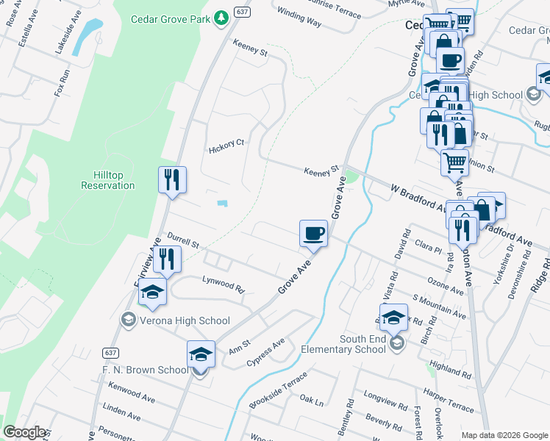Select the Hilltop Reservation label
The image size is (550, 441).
tap(108, 180)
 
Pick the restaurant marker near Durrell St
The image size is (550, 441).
tap(167, 259)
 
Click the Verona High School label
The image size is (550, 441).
tap(184, 320)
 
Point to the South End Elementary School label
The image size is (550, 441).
tap(362, 344)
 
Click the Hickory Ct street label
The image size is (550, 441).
tap(226, 144)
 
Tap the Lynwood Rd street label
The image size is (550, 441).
tap(223, 284)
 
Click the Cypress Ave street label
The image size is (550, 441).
tap(265, 352)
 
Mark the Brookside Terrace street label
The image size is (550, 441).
tap(278, 390)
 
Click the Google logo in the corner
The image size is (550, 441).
tap(24, 432)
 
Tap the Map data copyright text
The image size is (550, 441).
tap(504, 435)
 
